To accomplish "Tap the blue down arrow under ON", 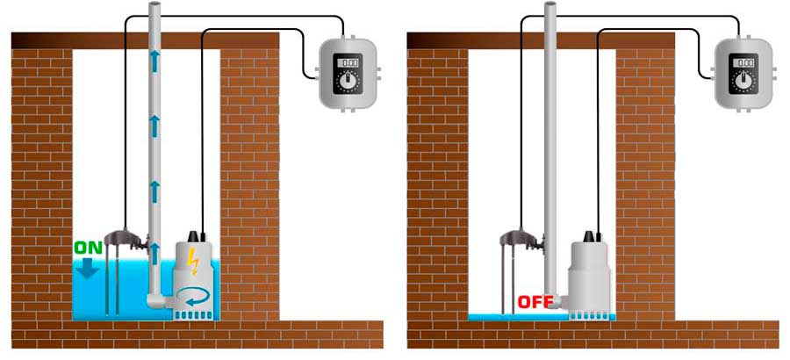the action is pos(90,268).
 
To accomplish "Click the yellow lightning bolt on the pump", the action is pos(193,261).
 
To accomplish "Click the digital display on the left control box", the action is pos(348,62).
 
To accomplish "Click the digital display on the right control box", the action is pos(743,62).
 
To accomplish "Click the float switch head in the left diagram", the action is pos(125,236).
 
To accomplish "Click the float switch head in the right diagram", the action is pos(521,236).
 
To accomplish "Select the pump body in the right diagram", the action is pos(590,280).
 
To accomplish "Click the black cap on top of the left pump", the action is pos(193,236).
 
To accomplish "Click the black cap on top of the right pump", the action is pos(589,236).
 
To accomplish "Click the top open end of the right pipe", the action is pos(550,5).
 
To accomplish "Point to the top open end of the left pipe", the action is pos(155,5).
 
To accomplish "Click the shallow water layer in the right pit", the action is pos(519,317).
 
